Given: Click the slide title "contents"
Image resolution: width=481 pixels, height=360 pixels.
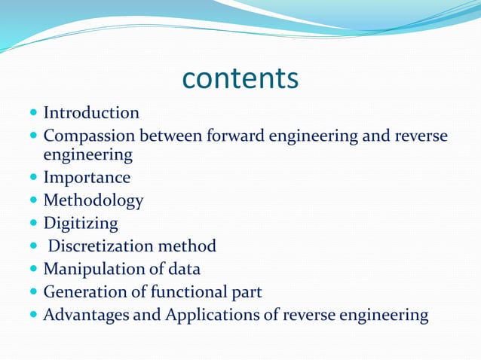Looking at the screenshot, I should coord(240,78).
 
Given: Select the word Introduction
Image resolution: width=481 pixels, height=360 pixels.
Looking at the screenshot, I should coord(91,113).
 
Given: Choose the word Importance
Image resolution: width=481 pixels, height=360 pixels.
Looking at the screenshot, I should coord(87,178).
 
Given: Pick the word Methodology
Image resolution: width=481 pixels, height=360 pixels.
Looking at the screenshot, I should coord(93,201).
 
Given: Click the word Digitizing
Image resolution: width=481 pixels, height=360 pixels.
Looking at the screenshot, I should coord(81,224).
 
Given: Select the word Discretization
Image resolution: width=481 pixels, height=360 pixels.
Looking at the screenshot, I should coord(100,246).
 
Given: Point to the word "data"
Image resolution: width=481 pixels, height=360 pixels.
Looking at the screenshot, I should coord(184,269).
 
